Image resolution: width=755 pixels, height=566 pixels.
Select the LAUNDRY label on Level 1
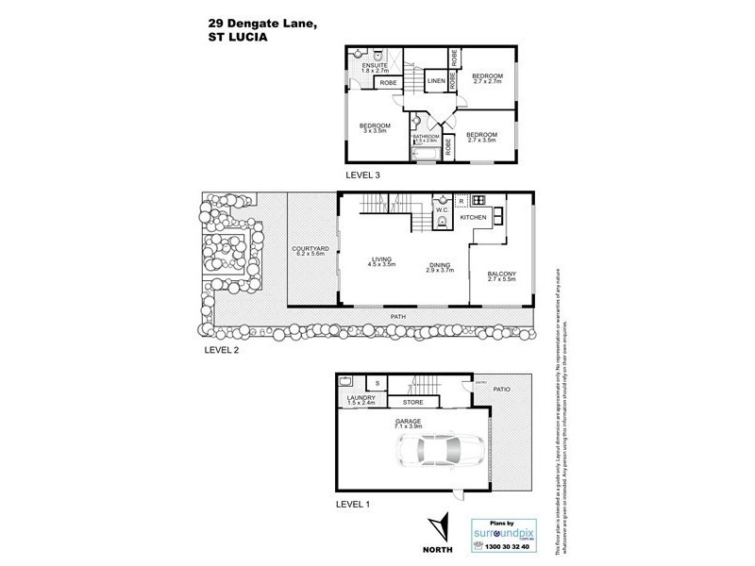[x=361, y=398]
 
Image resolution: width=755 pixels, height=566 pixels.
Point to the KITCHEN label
[x=473, y=218]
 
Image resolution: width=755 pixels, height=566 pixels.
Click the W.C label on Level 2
[x=440, y=209]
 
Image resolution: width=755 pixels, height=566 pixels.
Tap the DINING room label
[x=439, y=265]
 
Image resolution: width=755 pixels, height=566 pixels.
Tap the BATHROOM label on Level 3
[x=427, y=136]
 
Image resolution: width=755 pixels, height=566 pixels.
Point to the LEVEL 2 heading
[x=225, y=348]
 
